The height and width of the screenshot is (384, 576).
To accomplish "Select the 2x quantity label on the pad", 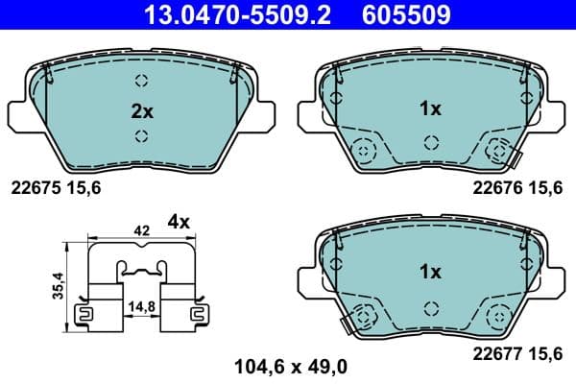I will (141, 111).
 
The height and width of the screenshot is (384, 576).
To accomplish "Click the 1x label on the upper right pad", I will (430, 109).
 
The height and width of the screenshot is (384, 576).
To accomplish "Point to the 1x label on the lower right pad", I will (430, 272).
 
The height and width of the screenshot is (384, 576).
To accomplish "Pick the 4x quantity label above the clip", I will (180, 222).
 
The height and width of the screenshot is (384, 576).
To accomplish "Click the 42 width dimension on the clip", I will (141, 231).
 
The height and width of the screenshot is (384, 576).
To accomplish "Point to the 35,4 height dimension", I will (58, 284).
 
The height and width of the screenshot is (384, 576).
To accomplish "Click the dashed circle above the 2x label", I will (141, 81).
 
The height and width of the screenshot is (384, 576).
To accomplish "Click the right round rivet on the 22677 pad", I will (499, 314).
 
